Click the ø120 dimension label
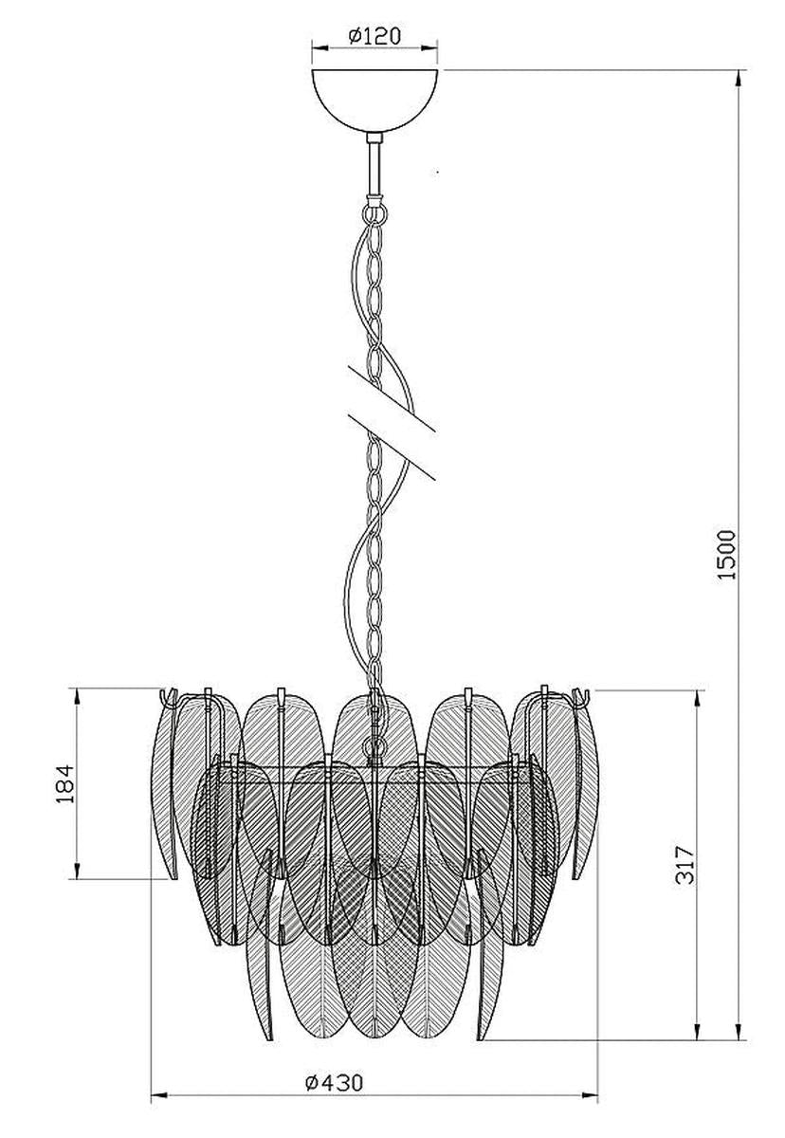(x=374, y=36)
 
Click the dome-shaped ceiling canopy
(x=374, y=101)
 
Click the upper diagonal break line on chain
(x=392, y=399)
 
